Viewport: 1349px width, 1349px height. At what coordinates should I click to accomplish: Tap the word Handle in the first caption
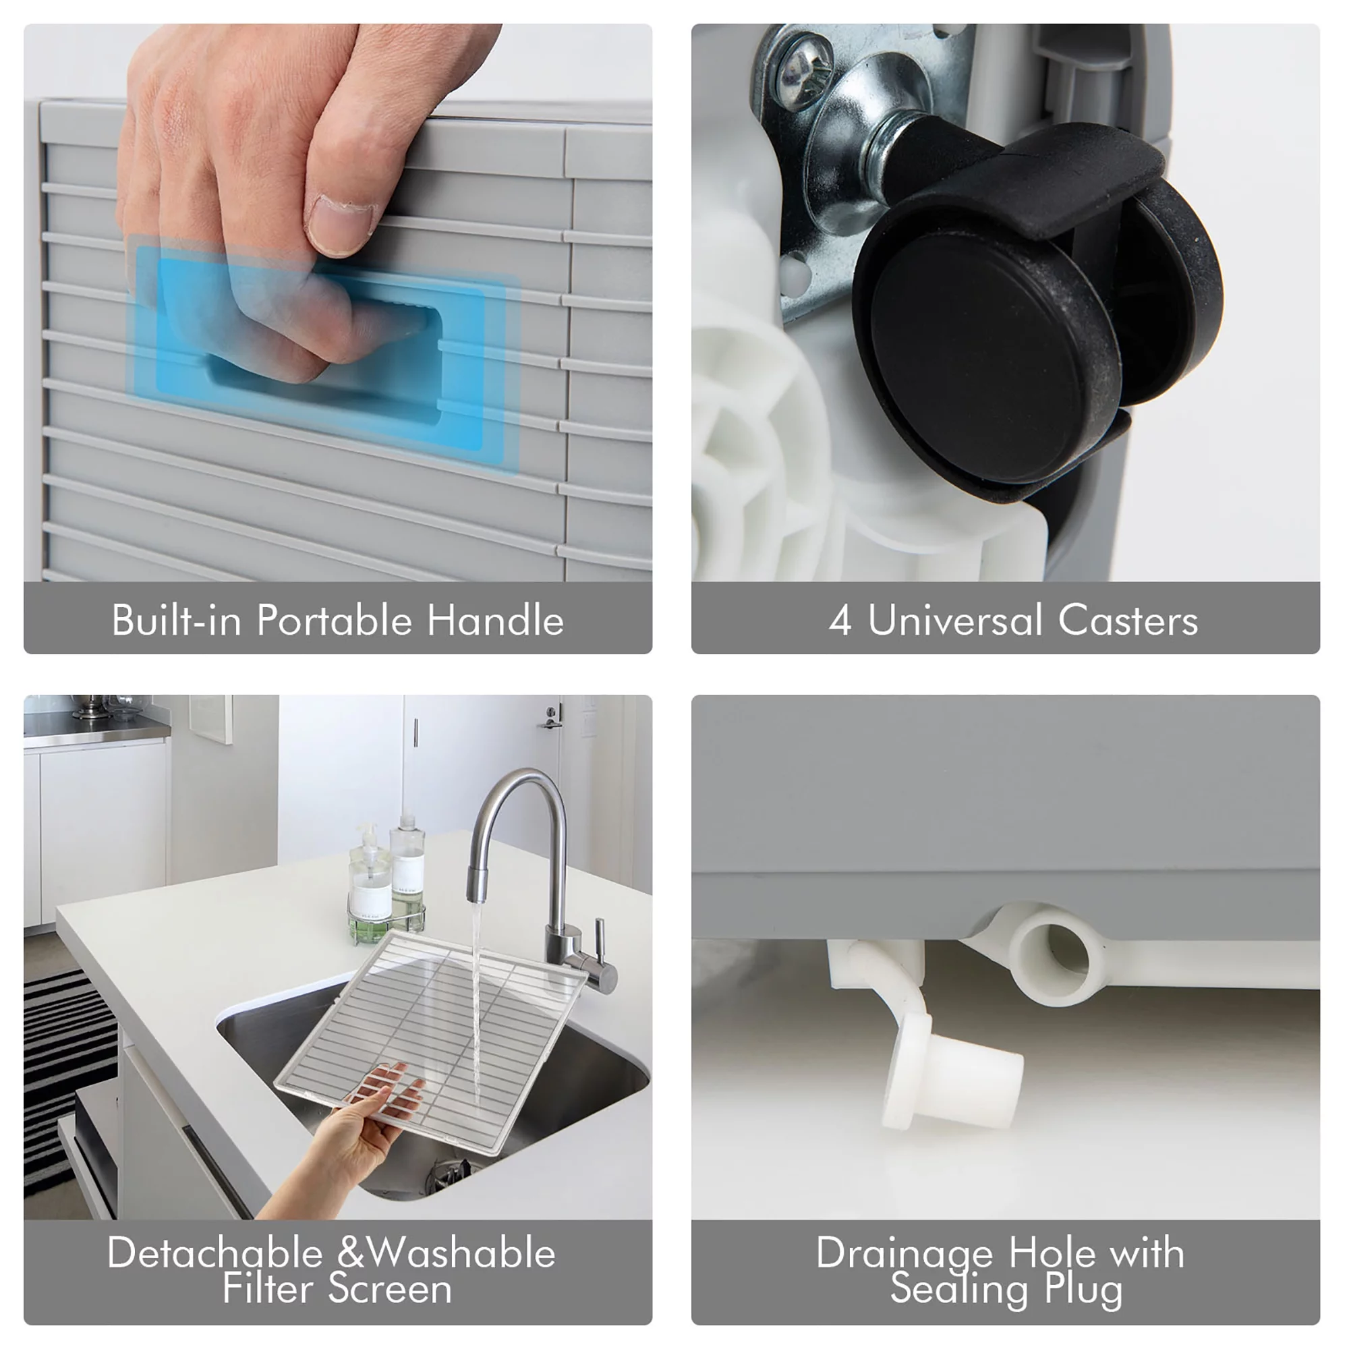pyautogui.click(x=495, y=620)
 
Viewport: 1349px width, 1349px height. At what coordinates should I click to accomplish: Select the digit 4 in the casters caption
pyautogui.click(x=840, y=621)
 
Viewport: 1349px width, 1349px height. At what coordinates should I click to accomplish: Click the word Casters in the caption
pyautogui.click(x=1128, y=620)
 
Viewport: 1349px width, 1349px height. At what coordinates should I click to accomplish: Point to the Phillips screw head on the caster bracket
pyautogui.click(x=805, y=73)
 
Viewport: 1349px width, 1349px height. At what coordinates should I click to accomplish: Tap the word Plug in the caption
pyautogui.click(x=1084, y=1288)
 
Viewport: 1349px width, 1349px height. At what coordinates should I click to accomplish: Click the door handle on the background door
pyautogui.click(x=551, y=718)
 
